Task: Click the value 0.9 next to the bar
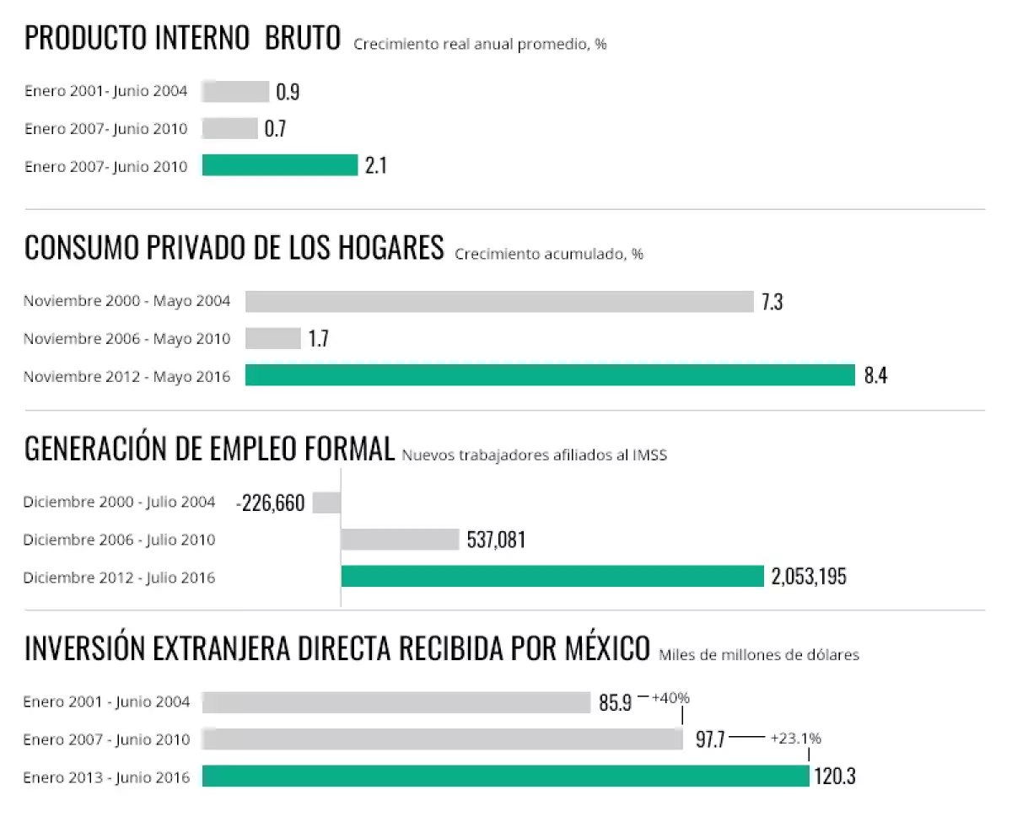pyautogui.click(x=288, y=92)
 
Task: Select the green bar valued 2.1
pyautogui.click(x=280, y=165)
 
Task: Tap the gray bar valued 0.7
pyautogui.click(x=230, y=129)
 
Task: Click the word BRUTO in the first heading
pyautogui.click(x=303, y=39)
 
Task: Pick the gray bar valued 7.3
pyautogui.click(x=499, y=302)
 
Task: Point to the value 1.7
pyautogui.click(x=318, y=339)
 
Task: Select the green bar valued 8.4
pyautogui.click(x=550, y=375)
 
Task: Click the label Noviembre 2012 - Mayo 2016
pyautogui.click(x=126, y=377)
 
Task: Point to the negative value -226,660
pyautogui.click(x=271, y=503)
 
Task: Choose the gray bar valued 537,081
pyautogui.click(x=400, y=540)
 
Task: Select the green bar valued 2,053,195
pyautogui.click(x=552, y=577)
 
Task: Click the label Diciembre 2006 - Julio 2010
pyautogui.click(x=119, y=540)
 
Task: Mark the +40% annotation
pyautogui.click(x=670, y=698)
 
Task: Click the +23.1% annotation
pyautogui.click(x=795, y=739)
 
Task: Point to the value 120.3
pyautogui.click(x=835, y=777)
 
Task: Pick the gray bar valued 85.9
pyautogui.click(x=396, y=702)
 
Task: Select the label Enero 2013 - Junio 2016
pyautogui.click(x=106, y=777)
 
